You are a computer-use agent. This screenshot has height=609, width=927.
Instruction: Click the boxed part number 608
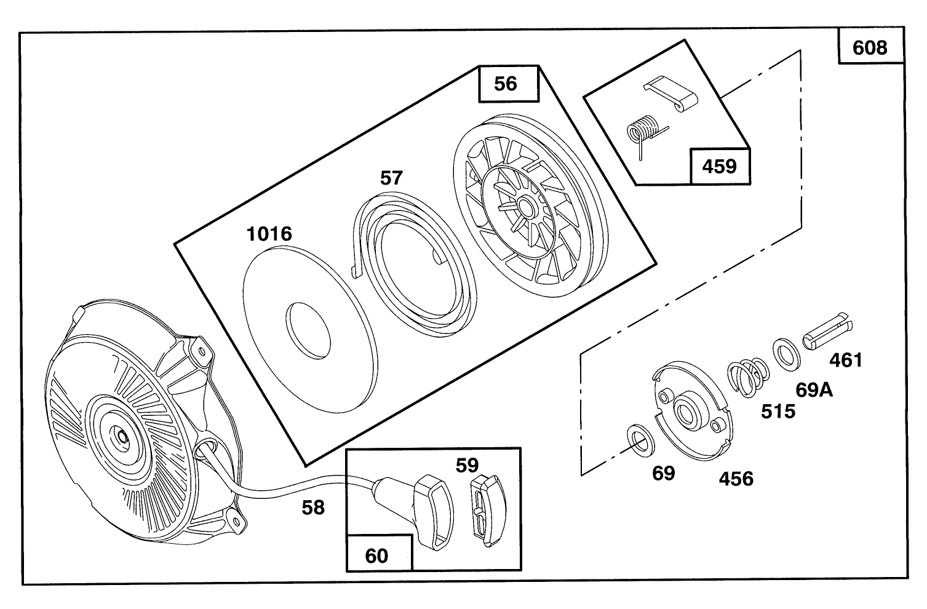click(870, 47)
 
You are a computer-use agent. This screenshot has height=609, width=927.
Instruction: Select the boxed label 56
click(506, 84)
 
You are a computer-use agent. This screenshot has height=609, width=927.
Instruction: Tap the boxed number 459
click(719, 166)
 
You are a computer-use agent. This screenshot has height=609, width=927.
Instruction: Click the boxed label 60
click(376, 555)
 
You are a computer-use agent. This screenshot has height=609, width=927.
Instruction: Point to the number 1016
click(269, 234)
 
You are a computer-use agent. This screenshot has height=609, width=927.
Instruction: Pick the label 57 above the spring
click(391, 178)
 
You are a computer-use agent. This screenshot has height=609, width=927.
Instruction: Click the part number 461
click(846, 360)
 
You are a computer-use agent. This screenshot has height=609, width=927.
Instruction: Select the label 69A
click(814, 389)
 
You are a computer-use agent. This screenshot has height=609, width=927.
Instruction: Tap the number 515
click(778, 411)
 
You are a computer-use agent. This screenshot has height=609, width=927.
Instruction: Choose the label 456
click(736, 478)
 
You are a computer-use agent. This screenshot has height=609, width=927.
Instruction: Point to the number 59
click(467, 464)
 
